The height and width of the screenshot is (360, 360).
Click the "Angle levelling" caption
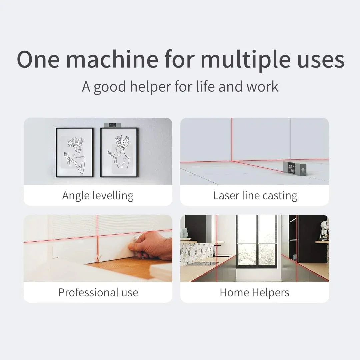tap(98, 195)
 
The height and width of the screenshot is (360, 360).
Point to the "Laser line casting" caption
tap(255, 195)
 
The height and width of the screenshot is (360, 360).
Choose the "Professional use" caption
tap(98, 292)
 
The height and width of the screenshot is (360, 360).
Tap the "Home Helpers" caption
tap(254, 292)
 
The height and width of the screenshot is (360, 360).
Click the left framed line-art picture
tap(74, 152)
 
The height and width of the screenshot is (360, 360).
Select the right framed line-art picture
tap(119, 152)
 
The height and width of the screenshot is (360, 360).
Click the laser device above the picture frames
tap(111, 125)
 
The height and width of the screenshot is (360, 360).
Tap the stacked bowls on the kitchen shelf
tap(184, 233)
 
